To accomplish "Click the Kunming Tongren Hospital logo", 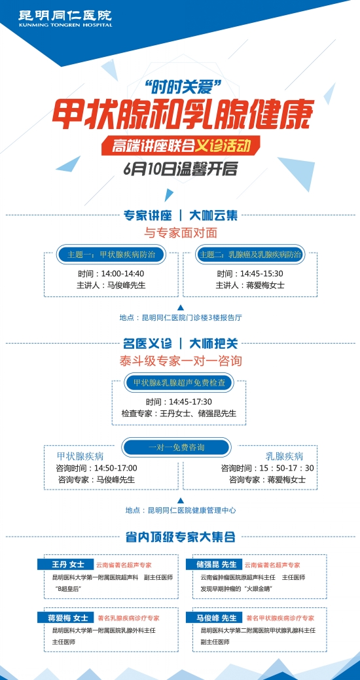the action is tap(65, 18).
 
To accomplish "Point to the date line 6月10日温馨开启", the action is tap(181, 169).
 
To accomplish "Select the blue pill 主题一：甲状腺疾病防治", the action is tap(111, 255).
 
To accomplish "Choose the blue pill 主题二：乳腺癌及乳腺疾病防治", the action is tap(250, 255).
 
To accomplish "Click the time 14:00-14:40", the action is tap(123, 274).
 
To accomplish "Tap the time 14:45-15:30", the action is tap(262, 274).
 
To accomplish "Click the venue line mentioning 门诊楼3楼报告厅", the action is tap(181, 317).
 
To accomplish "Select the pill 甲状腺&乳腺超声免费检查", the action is tap(179, 382).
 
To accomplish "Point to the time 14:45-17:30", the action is tap(190, 402).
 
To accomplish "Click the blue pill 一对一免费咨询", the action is tap(176, 447).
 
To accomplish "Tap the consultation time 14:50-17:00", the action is tap(116, 469).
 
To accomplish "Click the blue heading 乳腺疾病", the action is tap(284, 456).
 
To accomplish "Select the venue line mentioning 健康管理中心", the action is tap(181, 510).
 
